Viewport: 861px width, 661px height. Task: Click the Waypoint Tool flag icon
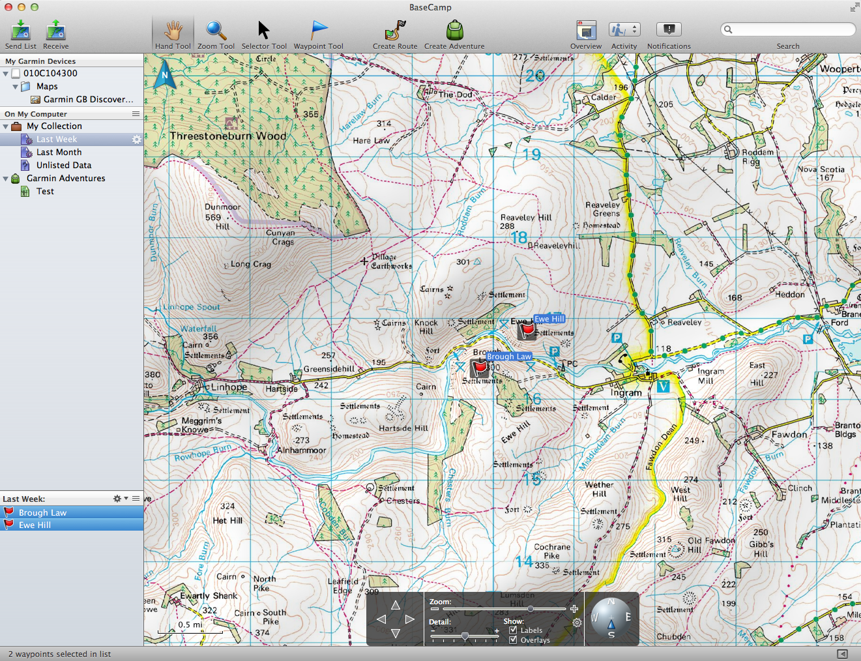point(319,30)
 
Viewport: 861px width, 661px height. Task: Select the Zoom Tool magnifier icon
point(216,30)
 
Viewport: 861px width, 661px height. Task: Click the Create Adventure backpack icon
point(454,30)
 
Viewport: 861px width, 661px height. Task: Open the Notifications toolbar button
point(668,30)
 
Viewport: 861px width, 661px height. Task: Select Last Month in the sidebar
point(59,152)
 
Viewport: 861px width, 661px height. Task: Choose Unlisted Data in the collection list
point(63,165)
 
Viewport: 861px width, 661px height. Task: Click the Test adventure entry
point(45,191)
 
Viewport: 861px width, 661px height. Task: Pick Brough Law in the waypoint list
point(42,512)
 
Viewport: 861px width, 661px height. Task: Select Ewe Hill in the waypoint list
point(35,525)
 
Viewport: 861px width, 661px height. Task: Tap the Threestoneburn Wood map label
point(228,136)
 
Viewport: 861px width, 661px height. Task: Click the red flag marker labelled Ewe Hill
point(527,330)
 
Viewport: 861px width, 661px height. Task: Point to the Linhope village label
point(229,387)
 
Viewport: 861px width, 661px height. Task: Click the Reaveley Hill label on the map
point(525,218)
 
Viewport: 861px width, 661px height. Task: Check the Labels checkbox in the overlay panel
point(513,630)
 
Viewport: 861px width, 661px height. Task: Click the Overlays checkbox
point(513,640)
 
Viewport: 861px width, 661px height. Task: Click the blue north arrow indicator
point(165,76)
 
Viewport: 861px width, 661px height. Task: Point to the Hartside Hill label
point(403,428)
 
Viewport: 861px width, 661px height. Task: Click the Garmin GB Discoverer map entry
point(88,99)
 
